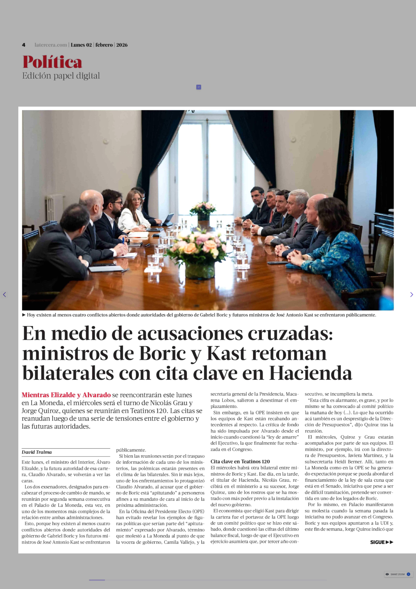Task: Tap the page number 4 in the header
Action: pos(24,45)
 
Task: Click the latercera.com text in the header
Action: pos(51,45)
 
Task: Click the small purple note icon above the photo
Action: pos(198,87)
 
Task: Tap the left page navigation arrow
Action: pos(4,295)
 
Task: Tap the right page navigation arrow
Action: pos(411,295)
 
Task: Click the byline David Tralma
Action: pos(37,452)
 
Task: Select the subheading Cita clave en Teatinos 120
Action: pos(240,462)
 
